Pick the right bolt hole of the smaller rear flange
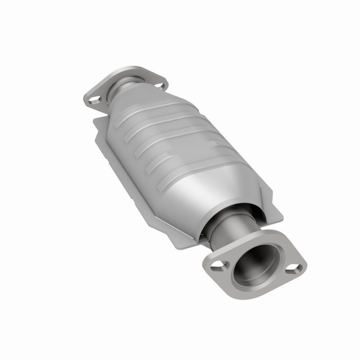tap(160, 85)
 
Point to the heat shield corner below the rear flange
tap(98, 123)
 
